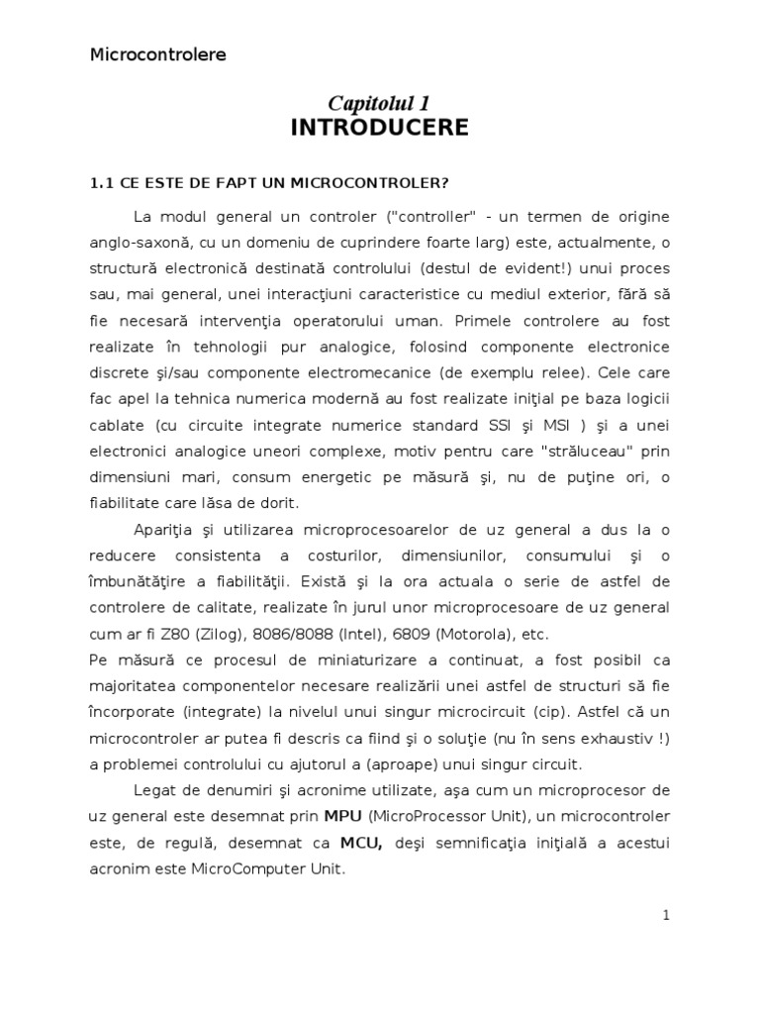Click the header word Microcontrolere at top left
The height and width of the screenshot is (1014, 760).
click(158, 54)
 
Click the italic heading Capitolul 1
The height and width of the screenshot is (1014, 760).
click(380, 104)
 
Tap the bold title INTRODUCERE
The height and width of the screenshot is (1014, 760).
click(380, 128)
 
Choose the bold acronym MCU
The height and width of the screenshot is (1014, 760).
click(362, 842)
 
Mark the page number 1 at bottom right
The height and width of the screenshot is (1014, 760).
click(666, 916)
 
